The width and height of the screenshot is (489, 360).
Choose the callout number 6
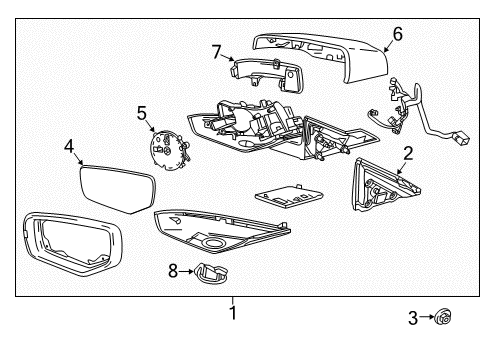[x=397, y=34]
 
